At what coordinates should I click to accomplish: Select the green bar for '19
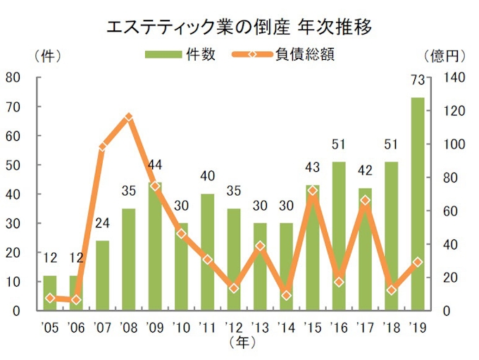tap(418, 204)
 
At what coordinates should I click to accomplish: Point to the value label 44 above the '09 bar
tap(155, 165)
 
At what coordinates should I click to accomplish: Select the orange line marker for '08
tap(129, 117)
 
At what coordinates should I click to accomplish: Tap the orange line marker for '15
tap(313, 190)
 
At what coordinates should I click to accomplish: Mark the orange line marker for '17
tap(365, 200)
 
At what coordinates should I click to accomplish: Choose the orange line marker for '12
tap(234, 288)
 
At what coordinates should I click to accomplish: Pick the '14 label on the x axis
tap(286, 328)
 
